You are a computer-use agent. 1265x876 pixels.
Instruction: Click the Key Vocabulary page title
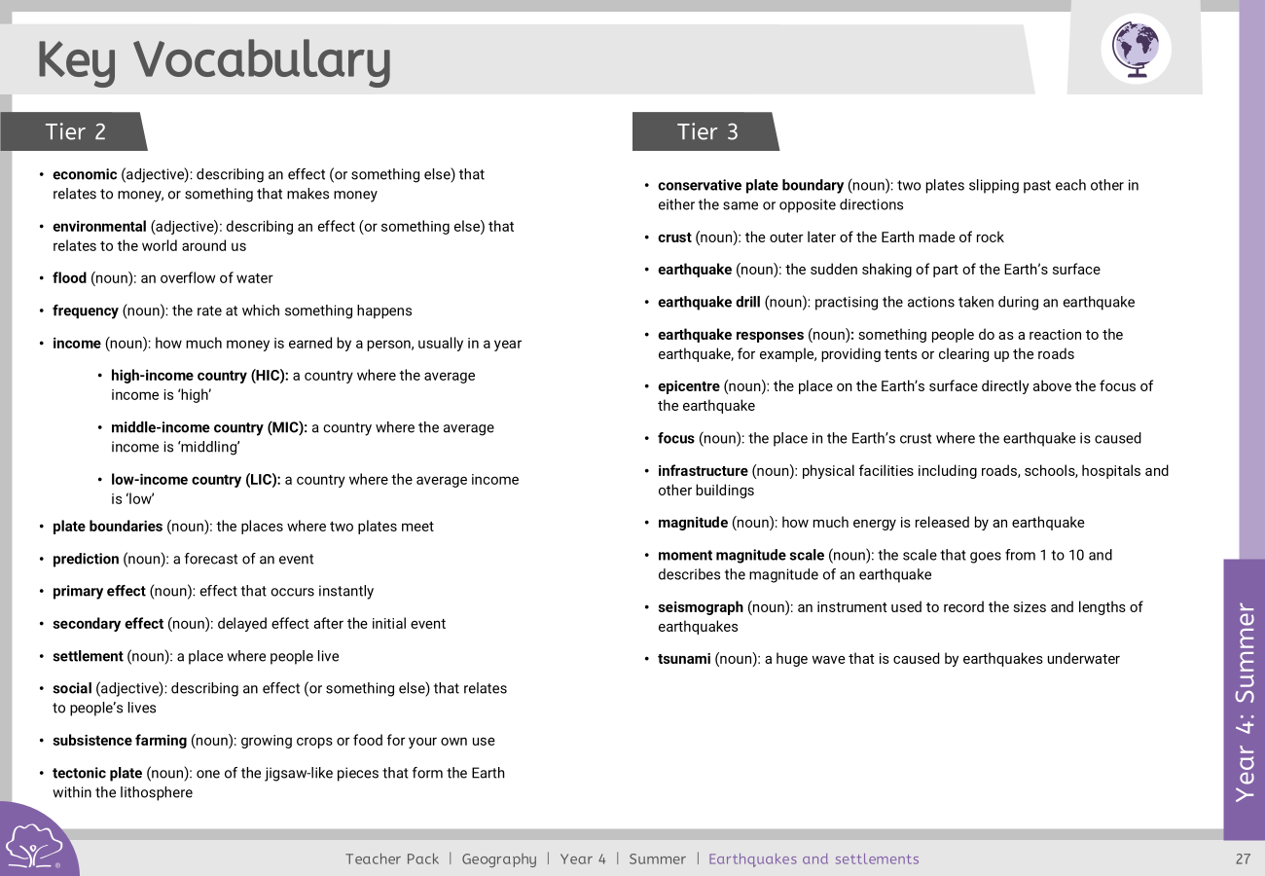[214, 60]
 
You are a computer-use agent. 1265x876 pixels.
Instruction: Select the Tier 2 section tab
[75, 131]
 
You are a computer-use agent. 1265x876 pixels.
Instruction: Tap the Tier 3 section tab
[707, 131]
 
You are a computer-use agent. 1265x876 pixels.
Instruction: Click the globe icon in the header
[1136, 48]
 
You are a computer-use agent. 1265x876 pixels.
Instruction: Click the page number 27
[1243, 858]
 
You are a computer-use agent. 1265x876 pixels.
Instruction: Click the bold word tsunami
[684, 659]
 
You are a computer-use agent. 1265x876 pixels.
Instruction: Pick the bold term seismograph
[701, 607]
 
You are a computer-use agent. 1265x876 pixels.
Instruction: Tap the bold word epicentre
[688, 386]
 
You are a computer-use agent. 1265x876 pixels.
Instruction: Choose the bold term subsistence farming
[120, 741]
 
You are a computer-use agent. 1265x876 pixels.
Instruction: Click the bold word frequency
[85, 311]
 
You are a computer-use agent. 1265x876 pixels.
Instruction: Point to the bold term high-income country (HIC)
[199, 376]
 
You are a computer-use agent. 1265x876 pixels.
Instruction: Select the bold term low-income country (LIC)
[196, 480]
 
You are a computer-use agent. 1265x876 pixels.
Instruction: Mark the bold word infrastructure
[703, 471]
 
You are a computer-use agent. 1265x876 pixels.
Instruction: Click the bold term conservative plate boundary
[750, 186]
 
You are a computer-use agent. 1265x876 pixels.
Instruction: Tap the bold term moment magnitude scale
[741, 556]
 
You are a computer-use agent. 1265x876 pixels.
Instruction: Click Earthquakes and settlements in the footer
[813, 858]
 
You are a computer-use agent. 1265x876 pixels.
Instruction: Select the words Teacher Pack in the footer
[392, 858]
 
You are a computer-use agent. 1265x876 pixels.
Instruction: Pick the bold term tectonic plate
[97, 774]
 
